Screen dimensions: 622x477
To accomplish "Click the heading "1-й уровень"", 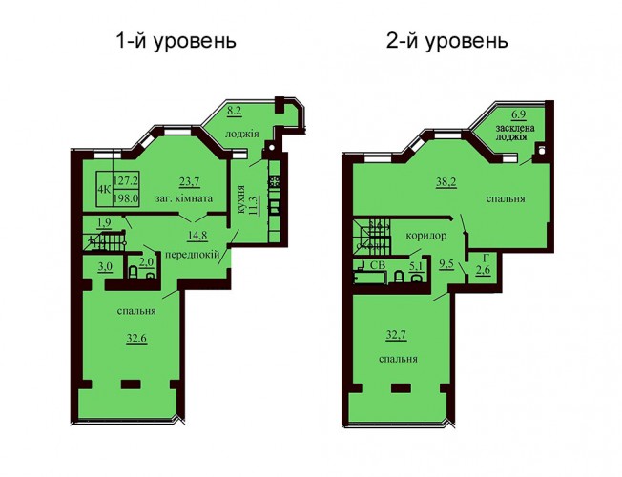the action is [176, 41].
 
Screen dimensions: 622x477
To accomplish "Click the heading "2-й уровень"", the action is [447, 41].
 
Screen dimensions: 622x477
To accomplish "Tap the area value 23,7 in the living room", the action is [189, 182].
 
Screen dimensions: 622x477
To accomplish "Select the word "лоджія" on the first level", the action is [242, 135].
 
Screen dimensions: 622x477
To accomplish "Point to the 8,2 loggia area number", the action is [234, 111].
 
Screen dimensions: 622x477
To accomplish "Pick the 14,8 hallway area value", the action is [197, 236].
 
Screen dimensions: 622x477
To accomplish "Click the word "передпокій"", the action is [192, 254].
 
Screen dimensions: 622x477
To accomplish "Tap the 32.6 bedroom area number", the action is [136, 340].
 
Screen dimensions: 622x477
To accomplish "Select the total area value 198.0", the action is [126, 198].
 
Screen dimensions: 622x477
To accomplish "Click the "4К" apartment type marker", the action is [105, 189].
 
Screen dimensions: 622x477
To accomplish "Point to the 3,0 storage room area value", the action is [105, 267].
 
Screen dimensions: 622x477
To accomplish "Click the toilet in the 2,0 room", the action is [134, 272].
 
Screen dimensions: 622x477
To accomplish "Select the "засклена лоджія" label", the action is [515, 133].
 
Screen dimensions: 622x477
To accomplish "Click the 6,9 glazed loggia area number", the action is [518, 115].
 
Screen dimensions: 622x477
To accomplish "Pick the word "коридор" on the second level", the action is [426, 236].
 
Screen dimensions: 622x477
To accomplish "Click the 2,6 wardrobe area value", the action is [484, 270].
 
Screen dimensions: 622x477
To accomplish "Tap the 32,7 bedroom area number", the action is [396, 336].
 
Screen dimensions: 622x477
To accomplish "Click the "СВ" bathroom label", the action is [377, 265].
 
